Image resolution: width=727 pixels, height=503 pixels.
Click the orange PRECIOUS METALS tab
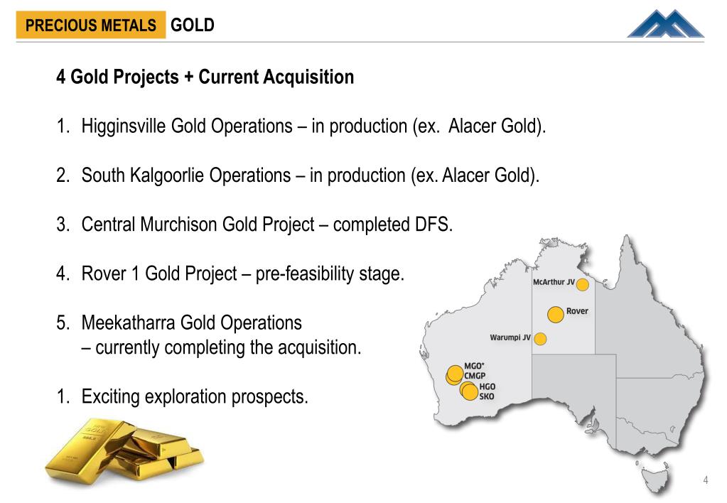click(90, 26)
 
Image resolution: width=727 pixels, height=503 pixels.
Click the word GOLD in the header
click(193, 26)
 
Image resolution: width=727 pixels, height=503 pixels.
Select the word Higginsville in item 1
click(124, 126)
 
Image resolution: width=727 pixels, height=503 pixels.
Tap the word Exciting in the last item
click(110, 396)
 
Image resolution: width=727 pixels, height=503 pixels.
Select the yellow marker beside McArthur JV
click(582, 285)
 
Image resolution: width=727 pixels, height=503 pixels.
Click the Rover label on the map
click(577, 311)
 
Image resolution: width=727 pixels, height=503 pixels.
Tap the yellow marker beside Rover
click(555, 313)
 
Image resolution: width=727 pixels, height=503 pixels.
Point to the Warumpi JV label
click(510, 337)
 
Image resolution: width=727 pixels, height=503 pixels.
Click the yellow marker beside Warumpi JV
click(539, 339)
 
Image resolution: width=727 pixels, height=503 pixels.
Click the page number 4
click(706, 481)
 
